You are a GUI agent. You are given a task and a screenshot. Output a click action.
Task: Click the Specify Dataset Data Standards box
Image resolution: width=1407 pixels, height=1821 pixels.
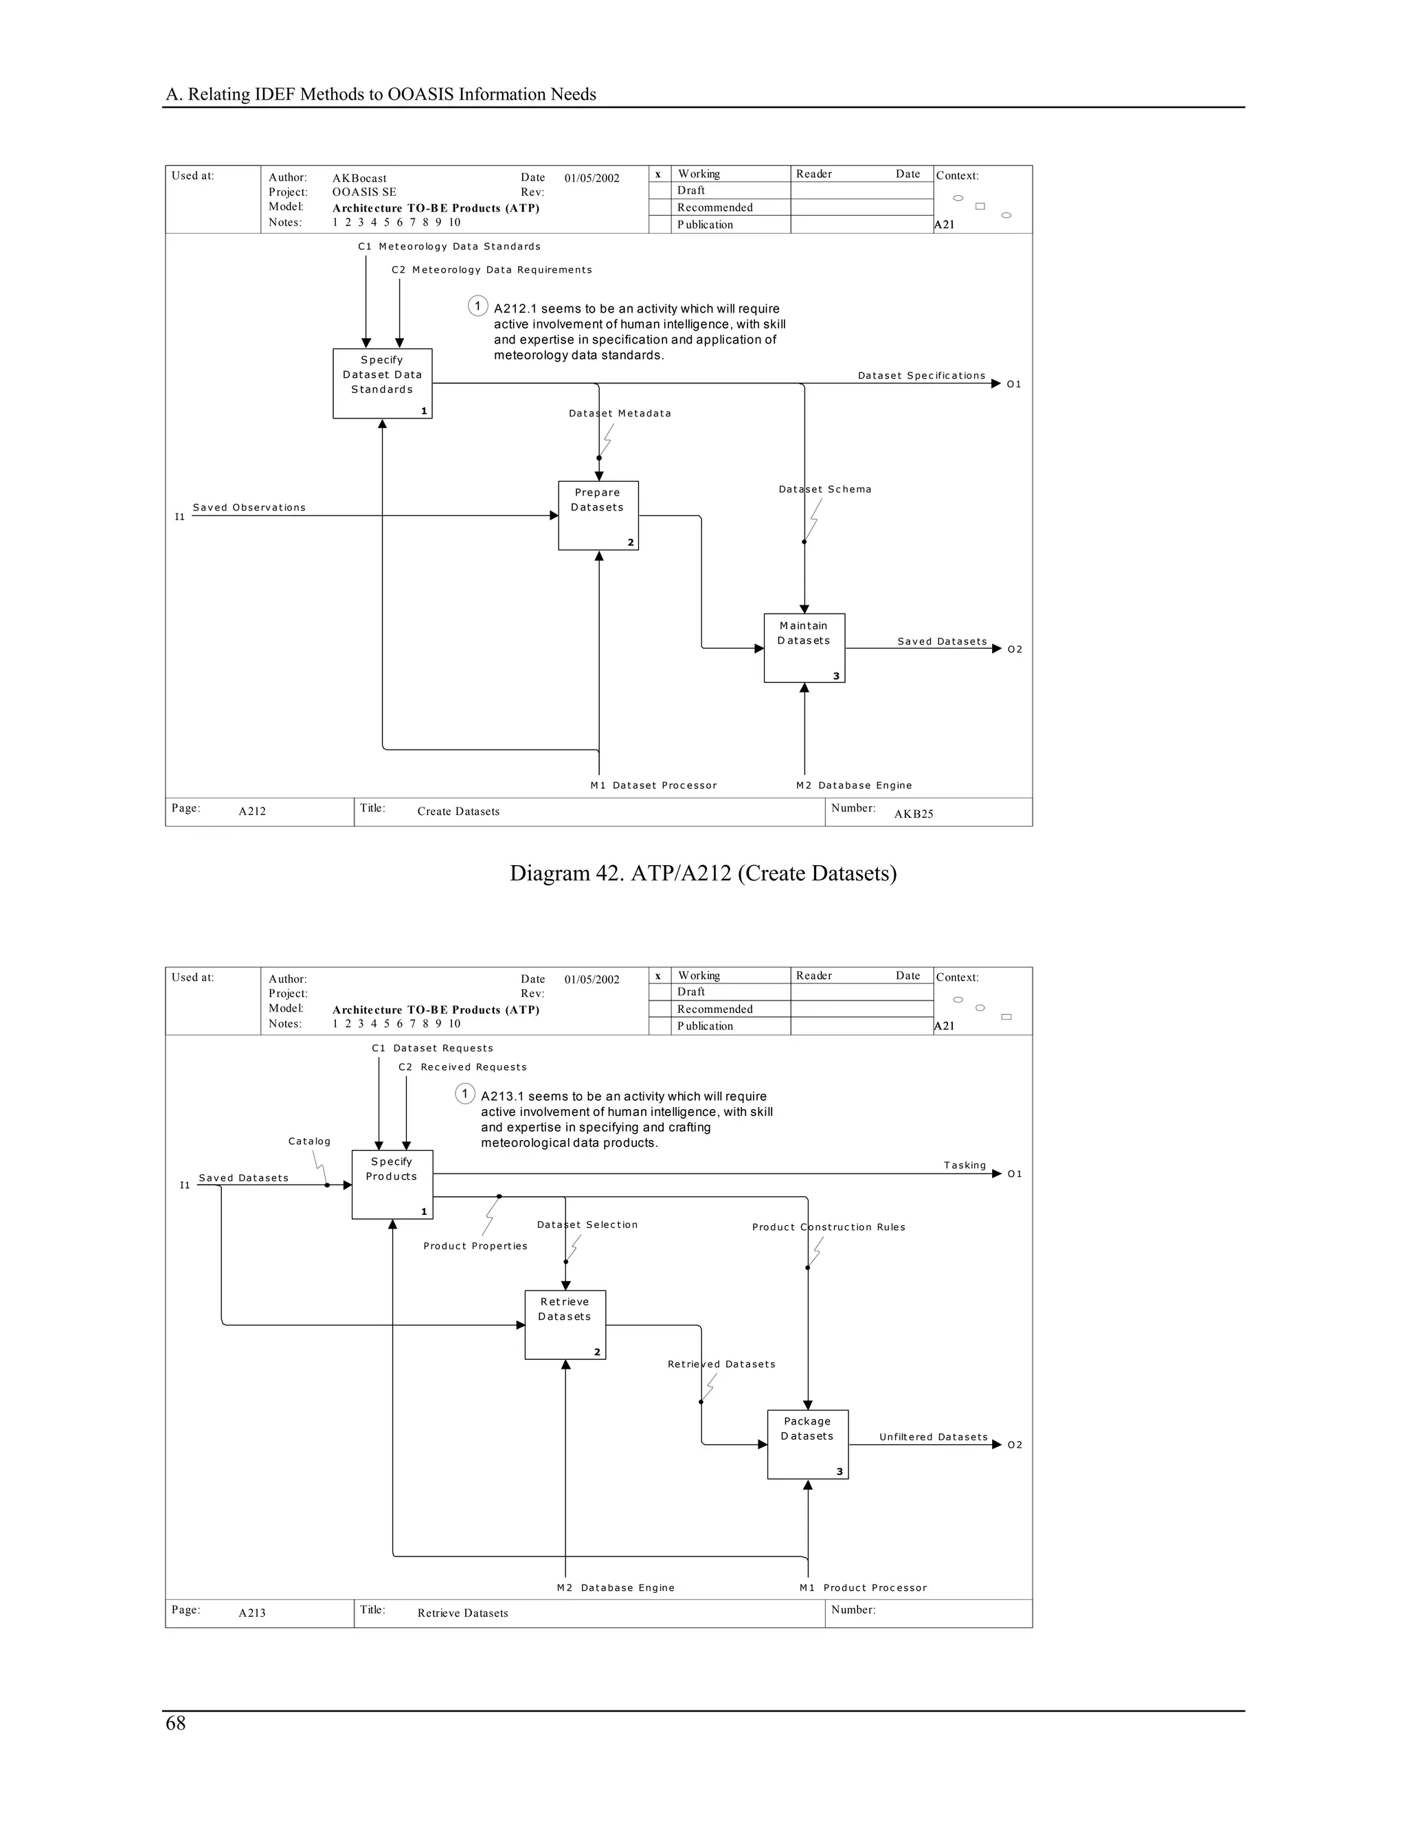tap(382, 383)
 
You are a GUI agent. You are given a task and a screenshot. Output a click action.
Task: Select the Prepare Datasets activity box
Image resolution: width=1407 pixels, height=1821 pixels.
tap(598, 515)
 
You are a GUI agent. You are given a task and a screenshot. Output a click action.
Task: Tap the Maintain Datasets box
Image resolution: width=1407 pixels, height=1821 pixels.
tap(804, 647)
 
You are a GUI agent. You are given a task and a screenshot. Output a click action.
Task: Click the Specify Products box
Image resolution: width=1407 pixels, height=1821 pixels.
tap(392, 1184)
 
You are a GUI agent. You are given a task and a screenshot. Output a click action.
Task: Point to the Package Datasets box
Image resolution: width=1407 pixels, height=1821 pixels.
tap(807, 1444)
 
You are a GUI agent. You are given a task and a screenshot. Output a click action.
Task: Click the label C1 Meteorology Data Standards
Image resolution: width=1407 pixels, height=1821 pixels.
tap(449, 247)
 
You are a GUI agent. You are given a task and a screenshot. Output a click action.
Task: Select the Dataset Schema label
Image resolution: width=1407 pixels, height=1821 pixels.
tap(825, 489)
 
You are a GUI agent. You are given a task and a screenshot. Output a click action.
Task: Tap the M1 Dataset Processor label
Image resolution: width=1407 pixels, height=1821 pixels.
tap(653, 785)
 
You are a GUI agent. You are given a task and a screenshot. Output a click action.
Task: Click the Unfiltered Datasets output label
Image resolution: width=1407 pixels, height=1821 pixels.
tap(933, 1437)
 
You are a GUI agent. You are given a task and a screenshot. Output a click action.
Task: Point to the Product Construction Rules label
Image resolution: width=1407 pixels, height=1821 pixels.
tap(829, 1227)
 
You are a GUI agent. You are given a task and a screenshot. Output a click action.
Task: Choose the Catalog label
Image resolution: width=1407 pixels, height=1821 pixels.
tap(309, 1141)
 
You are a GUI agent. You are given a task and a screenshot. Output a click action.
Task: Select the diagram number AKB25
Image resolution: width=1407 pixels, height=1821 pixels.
tap(914, 814)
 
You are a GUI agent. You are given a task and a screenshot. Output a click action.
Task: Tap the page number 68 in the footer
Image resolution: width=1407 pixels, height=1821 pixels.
tap(176, 1723)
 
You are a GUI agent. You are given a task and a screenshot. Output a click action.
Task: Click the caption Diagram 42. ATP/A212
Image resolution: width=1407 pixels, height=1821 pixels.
tap(703, 873)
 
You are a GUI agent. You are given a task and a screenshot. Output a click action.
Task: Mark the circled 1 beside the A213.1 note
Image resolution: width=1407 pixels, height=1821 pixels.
tap(465, 1093)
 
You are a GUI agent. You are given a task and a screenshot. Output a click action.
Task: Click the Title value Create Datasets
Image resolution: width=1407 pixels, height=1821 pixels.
tap(458, 812)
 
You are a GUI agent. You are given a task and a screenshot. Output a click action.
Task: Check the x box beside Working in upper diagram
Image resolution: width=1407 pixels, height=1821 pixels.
tap(658, 175)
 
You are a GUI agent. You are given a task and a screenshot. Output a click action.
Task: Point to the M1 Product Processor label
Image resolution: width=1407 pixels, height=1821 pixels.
tap(863, 1587)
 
